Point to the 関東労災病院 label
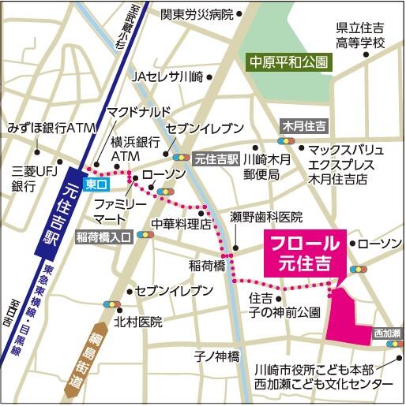(197, 14)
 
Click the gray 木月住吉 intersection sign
(306, 125)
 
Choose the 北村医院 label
(137, 322)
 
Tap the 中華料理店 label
(182, 223)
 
